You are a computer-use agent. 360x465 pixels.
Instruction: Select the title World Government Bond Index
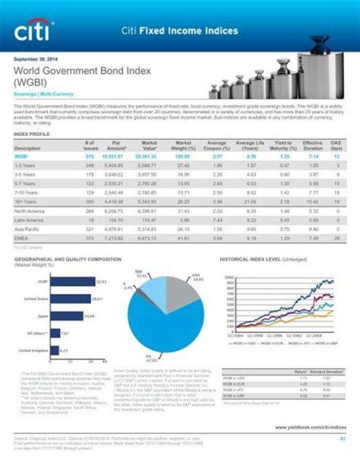(82, 71)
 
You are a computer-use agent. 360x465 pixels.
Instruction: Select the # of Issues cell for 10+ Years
(90, 202)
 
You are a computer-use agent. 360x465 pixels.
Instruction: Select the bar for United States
(70, 299)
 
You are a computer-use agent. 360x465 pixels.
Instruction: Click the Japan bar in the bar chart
(66, 316)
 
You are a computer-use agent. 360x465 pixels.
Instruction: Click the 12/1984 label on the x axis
(236, 335)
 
